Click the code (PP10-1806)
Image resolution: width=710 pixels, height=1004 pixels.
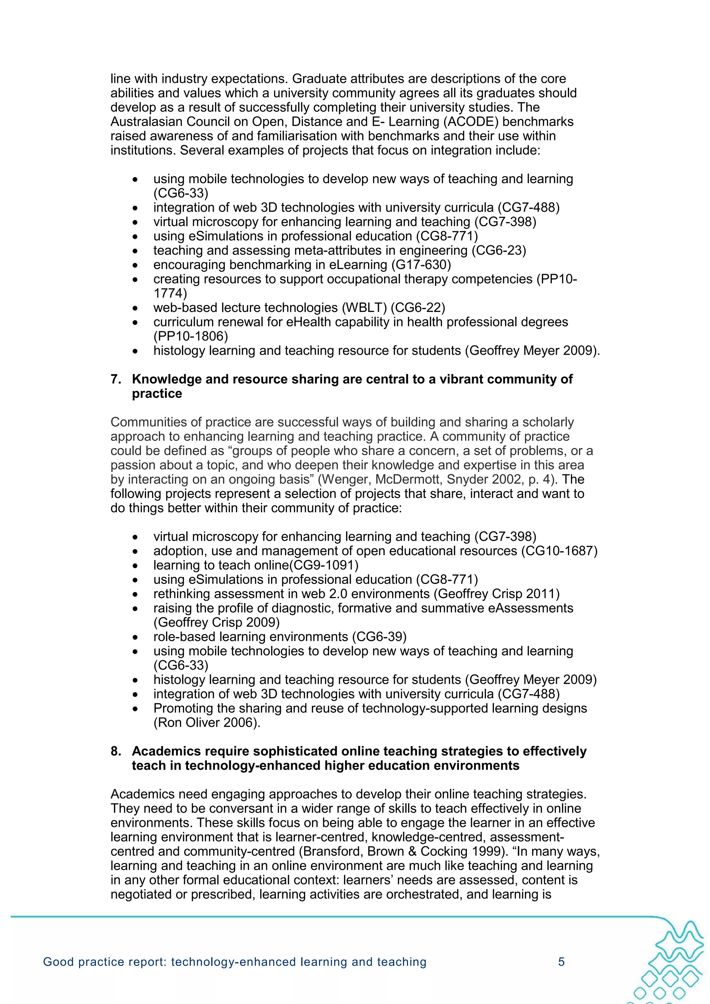click(x=191, y=336)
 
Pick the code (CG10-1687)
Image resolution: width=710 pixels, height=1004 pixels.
click(x=559, y=551)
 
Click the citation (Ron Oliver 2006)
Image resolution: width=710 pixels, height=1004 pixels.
click(x=207, y=722)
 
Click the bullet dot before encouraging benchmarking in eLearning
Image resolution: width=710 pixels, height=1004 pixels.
click(x=137, y=265)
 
